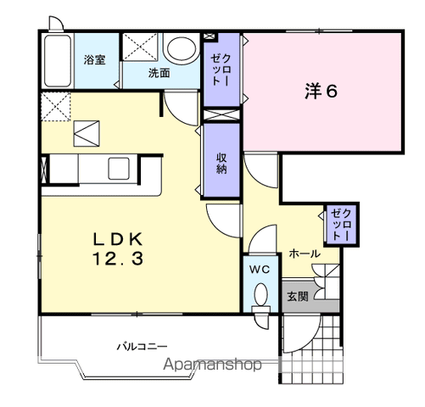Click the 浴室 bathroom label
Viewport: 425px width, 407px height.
pyautogui.click(x=94, y=59)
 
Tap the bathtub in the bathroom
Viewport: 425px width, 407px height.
pyautogui.click(x=58, y=61)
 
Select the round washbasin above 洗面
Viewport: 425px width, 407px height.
pyautogui.click(x=182, y=47)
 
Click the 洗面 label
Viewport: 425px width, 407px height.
pyautogui.click(x=159, y=73)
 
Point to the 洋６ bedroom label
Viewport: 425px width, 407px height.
pyautogui.click(x=321, y=91)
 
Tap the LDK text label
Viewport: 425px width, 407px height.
pyautogui.click(x=118, y=240)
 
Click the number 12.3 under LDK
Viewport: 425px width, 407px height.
pyautogui.click(x=118, y=259)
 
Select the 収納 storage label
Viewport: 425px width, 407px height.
pyautogui.click(x=221, y=163)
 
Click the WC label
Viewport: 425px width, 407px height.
pyautogui.click(x=260, y=270)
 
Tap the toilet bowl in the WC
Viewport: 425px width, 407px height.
pyautogui.click(x=260, y=294)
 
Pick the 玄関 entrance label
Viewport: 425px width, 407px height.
pyautogui.click(x=297, y=297)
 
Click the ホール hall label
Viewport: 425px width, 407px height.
pyautogui.click(x=305, y=254)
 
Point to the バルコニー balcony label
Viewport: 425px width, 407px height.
pyautogui.click(x=143, y=346)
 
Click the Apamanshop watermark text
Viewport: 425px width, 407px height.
pyautogui.click(x=212, y=365)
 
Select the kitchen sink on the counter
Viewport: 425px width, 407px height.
pyautogui.click(x=119, y=169)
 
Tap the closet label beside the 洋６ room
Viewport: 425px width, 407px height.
pyautogui.click(x=221, y=70)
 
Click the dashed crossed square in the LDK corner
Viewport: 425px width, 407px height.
pyautogui.click(x=56, y=107)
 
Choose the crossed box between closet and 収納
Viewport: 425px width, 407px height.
pyautogui.click(x=221, y=114)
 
